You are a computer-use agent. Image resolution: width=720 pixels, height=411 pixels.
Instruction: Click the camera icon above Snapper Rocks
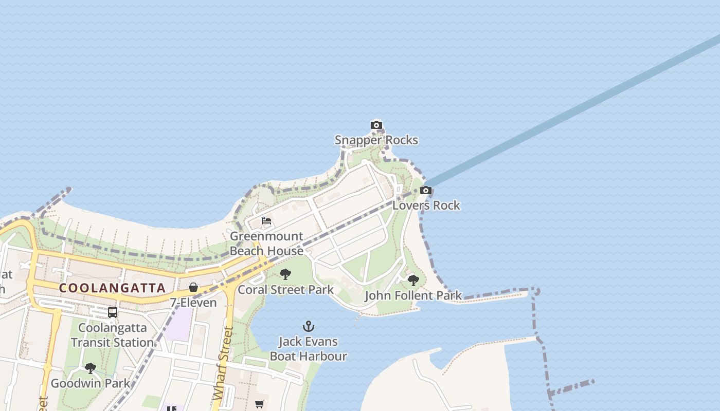tap(376, 125)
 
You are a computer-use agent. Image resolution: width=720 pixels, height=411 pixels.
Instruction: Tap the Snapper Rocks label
tap(376, 140)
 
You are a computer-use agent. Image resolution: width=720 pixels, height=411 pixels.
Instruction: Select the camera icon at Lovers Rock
tap(425, 191)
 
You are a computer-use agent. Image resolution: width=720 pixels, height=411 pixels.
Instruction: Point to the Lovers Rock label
tap(426, 205)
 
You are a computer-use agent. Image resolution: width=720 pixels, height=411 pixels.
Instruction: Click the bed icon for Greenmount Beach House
tap(266, 221)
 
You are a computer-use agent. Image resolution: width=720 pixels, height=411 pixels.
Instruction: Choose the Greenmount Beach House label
tap(266, 244)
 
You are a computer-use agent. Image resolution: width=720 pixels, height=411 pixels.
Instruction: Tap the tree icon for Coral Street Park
tap(285, 274)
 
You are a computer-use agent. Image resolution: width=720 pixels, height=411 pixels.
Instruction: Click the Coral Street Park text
tap(286, 289)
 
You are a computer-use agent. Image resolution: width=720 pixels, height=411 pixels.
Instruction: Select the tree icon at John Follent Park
tap(413, 281)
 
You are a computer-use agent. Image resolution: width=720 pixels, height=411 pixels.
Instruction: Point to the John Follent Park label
tap(413, 295)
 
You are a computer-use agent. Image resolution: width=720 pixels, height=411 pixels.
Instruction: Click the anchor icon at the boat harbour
tap(309, 326)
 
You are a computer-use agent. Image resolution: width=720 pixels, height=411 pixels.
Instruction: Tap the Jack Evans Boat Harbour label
tap(309, 348)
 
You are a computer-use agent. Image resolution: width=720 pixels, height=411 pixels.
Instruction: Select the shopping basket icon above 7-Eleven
tap(193, 287)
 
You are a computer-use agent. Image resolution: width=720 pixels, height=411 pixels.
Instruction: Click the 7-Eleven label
tap(193, 303)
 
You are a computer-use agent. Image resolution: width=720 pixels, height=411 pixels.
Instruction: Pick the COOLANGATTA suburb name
tap(112, 288)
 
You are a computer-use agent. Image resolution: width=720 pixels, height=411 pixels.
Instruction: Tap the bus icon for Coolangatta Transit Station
tap(113, 312)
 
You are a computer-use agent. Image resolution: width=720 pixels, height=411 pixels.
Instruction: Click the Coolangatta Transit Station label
tap(113, 334)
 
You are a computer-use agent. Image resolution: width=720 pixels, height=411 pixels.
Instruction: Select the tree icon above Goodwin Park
tap(91, 368)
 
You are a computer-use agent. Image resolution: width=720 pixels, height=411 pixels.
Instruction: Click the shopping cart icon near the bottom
tap(259, 404)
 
